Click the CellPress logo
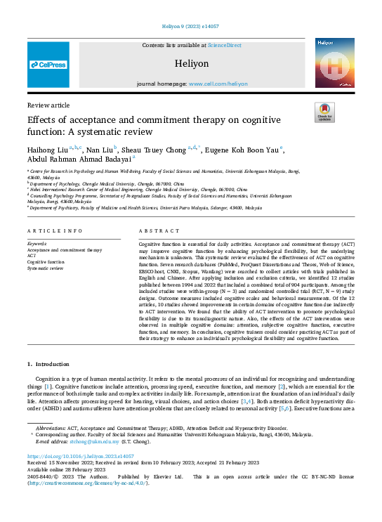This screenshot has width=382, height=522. click(x=48, y=65)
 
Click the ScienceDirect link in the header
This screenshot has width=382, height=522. click(x=224, y=45)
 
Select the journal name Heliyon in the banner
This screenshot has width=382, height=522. click(x=191, y=63)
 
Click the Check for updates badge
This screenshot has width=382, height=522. click(x=324, y=113)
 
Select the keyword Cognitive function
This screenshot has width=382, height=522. click(x=47, y=261)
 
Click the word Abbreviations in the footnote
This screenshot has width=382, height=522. click(x=53, y=427)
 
